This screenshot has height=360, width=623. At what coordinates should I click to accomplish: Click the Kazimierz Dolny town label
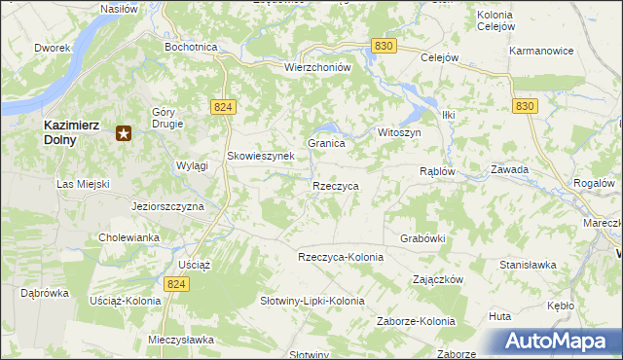73,131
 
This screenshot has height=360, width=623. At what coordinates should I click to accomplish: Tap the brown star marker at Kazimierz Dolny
124,133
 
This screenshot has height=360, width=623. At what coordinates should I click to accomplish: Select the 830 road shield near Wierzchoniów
385,47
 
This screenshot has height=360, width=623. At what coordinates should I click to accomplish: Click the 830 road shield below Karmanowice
525,106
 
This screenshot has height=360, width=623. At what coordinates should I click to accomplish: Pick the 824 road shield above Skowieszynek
222,107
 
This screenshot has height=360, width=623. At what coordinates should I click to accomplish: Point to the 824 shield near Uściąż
175,283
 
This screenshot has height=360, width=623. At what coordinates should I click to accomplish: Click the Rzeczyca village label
336,185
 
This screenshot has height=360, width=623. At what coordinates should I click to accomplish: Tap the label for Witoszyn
398,132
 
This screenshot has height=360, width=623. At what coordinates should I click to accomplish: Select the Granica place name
327,143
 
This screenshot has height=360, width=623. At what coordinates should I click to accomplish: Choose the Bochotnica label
191,47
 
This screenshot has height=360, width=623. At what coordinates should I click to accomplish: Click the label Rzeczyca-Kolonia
341,257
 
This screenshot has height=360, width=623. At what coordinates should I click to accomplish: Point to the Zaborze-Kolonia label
417,321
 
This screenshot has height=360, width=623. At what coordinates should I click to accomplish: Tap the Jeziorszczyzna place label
167,207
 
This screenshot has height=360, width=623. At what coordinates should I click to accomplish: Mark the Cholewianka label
128,237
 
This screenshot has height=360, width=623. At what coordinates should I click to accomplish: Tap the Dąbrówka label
44,292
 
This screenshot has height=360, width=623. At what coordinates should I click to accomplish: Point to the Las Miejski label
83,184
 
